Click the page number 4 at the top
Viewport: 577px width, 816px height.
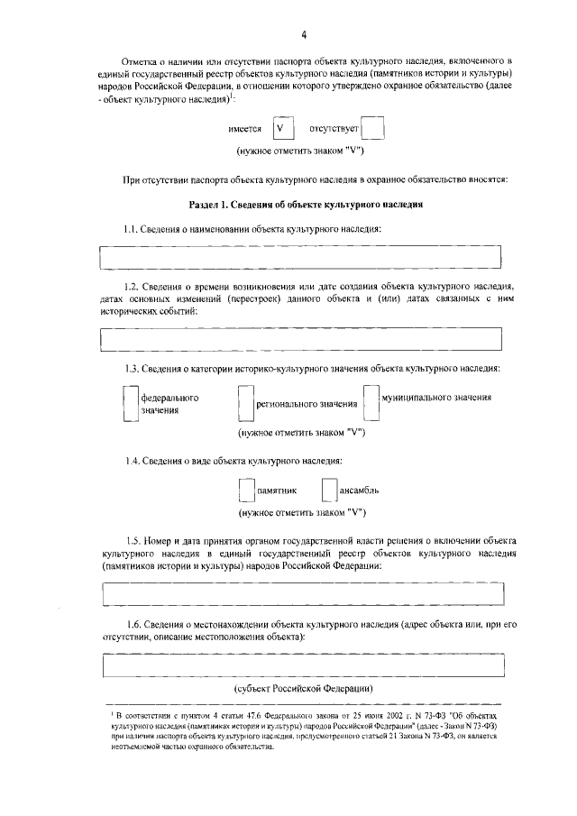tap(304, 34)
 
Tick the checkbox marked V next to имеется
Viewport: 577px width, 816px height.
tap(283, 128)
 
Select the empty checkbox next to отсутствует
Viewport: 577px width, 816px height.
tap(374, 128)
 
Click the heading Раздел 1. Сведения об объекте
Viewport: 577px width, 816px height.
tap(305, 205)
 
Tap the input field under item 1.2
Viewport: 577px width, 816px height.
tap(302, 339)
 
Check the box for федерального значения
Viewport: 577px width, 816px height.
tap(129, 403)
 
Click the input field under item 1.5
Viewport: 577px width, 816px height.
tap(302, 595)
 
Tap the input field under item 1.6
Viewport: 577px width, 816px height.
tap(302, 665)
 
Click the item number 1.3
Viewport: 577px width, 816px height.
tap(133, 369)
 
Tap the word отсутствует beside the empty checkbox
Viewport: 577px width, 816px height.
tap(334, 129)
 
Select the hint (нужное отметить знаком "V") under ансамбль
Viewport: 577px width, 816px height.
tap(301, 513)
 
